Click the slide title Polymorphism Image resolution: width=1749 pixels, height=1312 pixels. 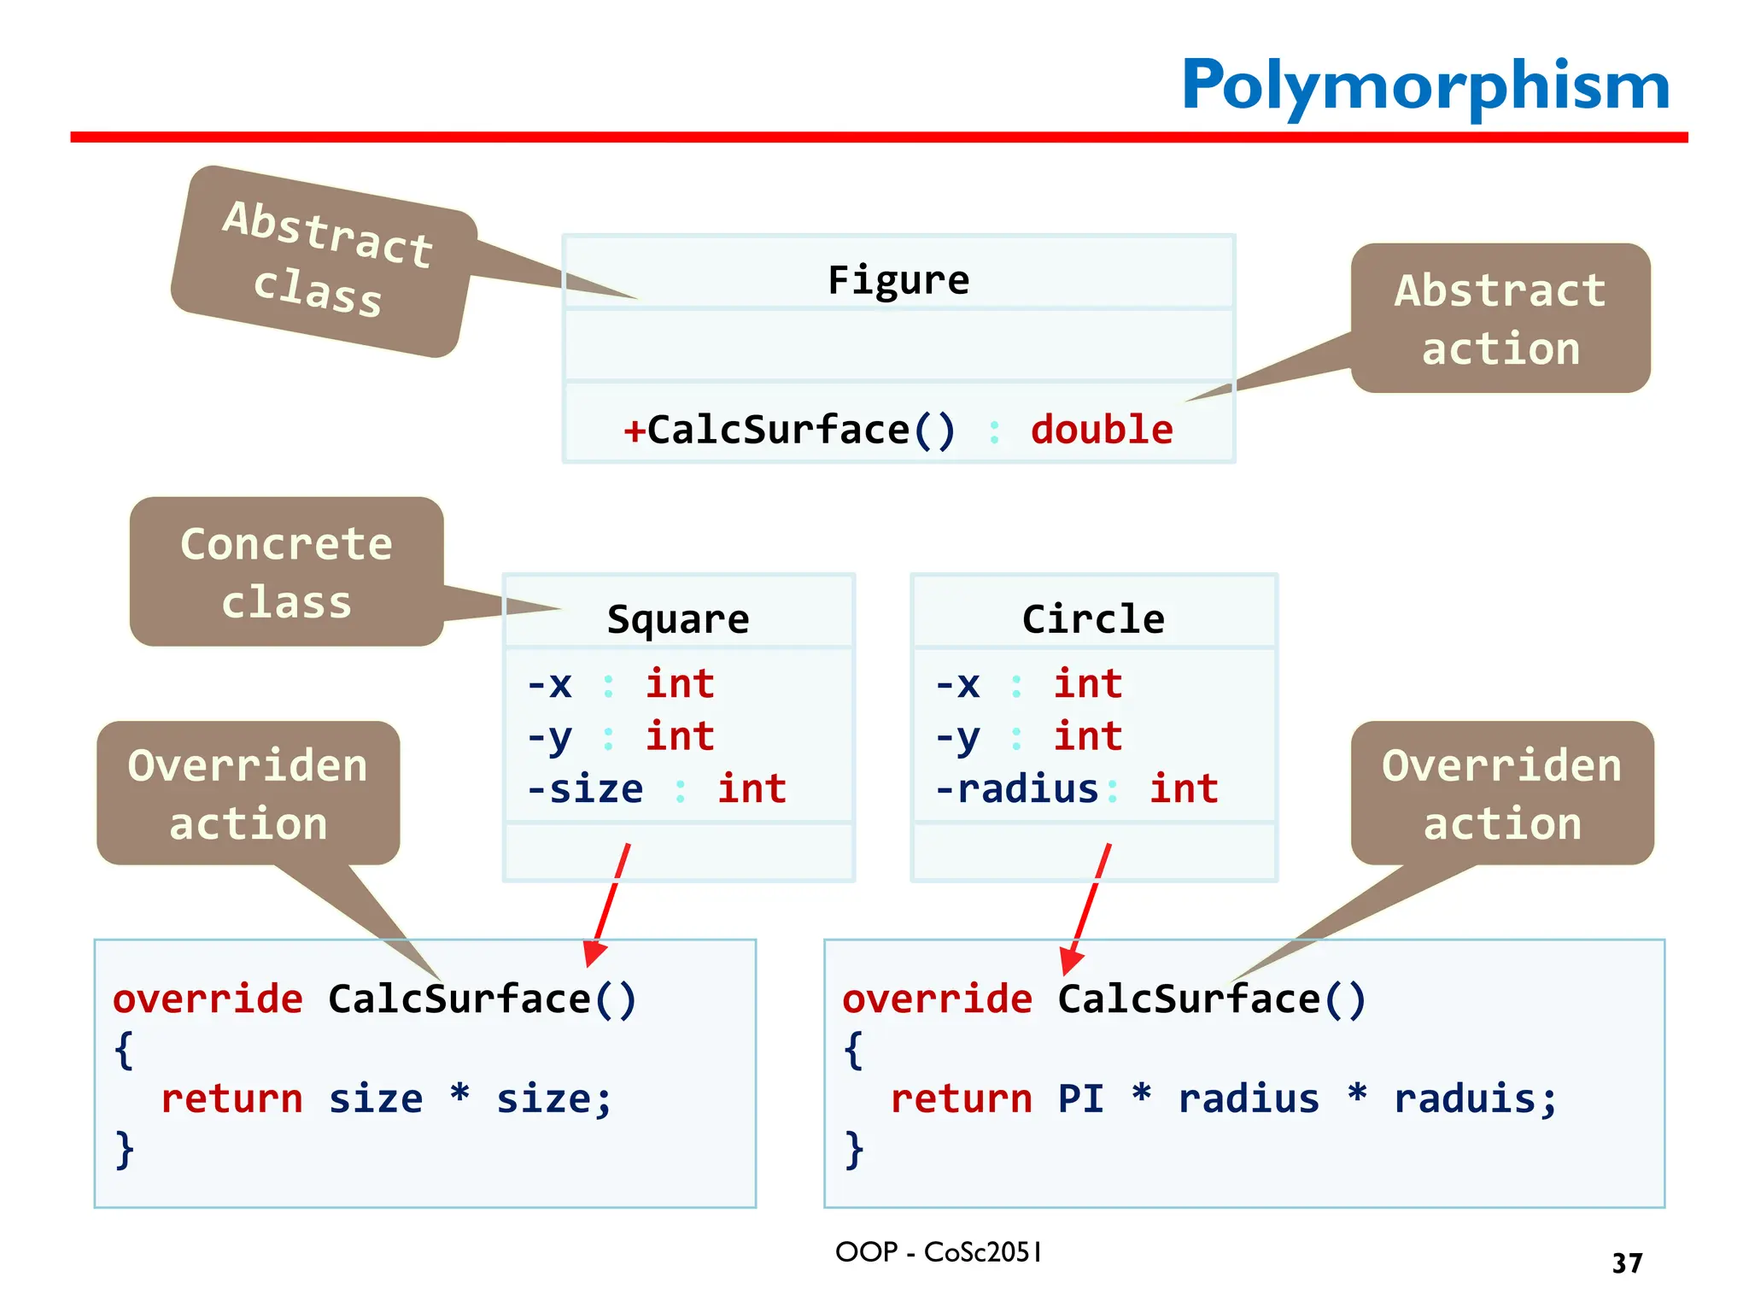[1424, 85]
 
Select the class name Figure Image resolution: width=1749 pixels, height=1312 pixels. [898, 280]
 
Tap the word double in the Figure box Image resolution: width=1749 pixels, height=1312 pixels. [1102, 429]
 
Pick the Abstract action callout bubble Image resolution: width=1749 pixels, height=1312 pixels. [1500, 319]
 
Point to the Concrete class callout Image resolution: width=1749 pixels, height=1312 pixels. [286, 572]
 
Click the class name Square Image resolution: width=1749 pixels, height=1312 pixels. [678, 618]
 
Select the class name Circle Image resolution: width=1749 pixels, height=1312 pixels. [1093, 618]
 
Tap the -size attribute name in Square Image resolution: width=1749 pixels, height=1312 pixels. [586, 788]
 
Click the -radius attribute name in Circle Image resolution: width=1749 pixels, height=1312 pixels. [1017, 788]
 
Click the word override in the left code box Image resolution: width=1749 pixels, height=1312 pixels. [208, 999]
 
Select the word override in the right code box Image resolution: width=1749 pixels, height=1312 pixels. [937, 999]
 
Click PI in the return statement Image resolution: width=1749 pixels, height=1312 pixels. [1080, 1098]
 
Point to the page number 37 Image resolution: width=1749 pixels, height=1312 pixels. [1627, 1262]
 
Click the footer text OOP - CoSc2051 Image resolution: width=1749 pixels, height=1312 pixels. [938, 1252]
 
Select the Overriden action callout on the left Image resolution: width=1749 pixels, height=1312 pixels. [248, 794]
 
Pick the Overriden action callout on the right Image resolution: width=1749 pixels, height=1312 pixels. [1501, 794]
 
